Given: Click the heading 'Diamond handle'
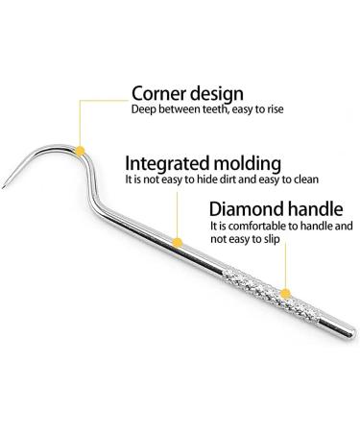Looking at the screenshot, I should click(x=268, y=229).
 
